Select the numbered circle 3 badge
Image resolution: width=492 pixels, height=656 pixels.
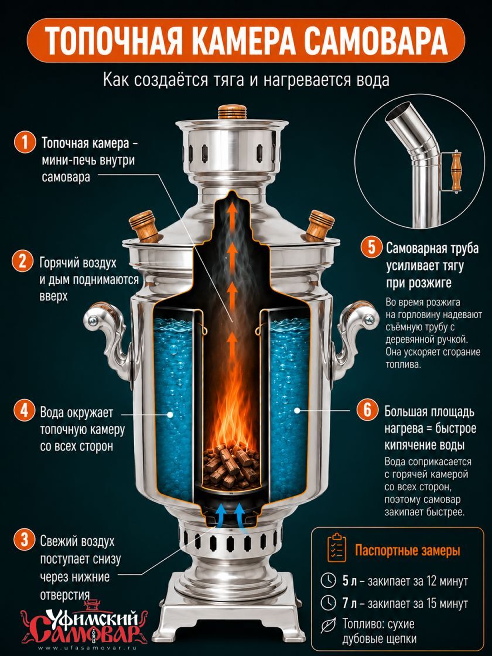[x=24, y=540]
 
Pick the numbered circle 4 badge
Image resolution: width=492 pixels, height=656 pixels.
[x=24, y=411]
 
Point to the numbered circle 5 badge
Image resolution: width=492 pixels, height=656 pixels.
[x=371, y=248]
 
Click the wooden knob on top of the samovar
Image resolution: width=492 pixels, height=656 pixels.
[x=232, y=112]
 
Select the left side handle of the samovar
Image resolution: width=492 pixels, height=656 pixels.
[x=107, y=334]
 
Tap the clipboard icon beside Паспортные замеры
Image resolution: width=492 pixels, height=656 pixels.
[x=337, y=548]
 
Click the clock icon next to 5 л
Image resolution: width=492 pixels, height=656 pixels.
[x=329, y=580]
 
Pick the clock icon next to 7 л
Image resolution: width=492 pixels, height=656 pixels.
[x=329, y=603]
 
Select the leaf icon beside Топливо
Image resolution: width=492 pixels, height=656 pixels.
[x=329, y=626]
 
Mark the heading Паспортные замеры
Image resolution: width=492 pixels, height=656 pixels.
[x=408, y=550]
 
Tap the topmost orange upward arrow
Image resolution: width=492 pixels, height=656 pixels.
[x=230, y=213]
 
